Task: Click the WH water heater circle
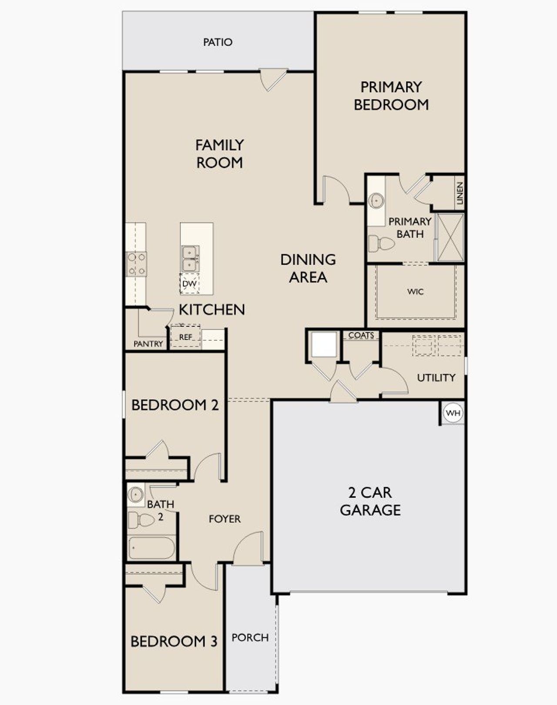[x=453, y=413]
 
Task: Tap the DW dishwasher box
[x=189, y=284]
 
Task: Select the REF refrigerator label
[x=186, y=337]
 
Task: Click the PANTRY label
[x=148, y=344]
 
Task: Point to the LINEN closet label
[x=460, y=193]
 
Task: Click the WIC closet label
[x=415, y=292]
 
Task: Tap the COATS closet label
[x=361, y=335]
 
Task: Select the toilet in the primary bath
[x=380, y=243]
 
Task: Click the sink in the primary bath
[x=376, y=201]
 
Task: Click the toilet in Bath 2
[x=141, y=520]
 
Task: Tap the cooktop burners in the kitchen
[x=136, y=264]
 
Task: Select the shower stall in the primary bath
[x=450, y=237]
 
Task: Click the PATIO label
[x=218, y=42]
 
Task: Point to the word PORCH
[x=250, y=638]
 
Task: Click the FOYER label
[x=225, y=519]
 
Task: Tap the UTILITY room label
[x=436, y=377]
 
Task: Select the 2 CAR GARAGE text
[x=370, y=501]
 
